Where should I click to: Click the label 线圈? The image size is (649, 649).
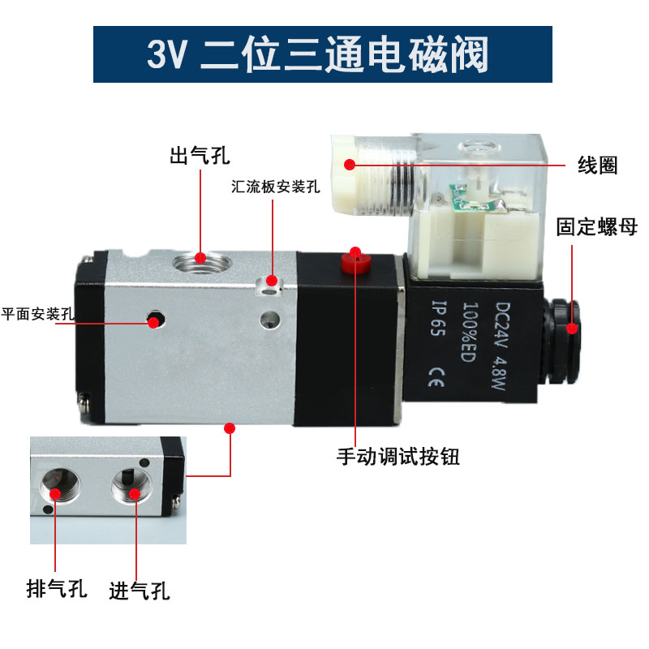tap(597, 165)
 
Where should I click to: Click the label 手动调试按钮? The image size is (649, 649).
tap(398, 457)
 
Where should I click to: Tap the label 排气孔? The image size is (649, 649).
tap(56, 589)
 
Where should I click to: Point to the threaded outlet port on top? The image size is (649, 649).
tap(200, 260)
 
